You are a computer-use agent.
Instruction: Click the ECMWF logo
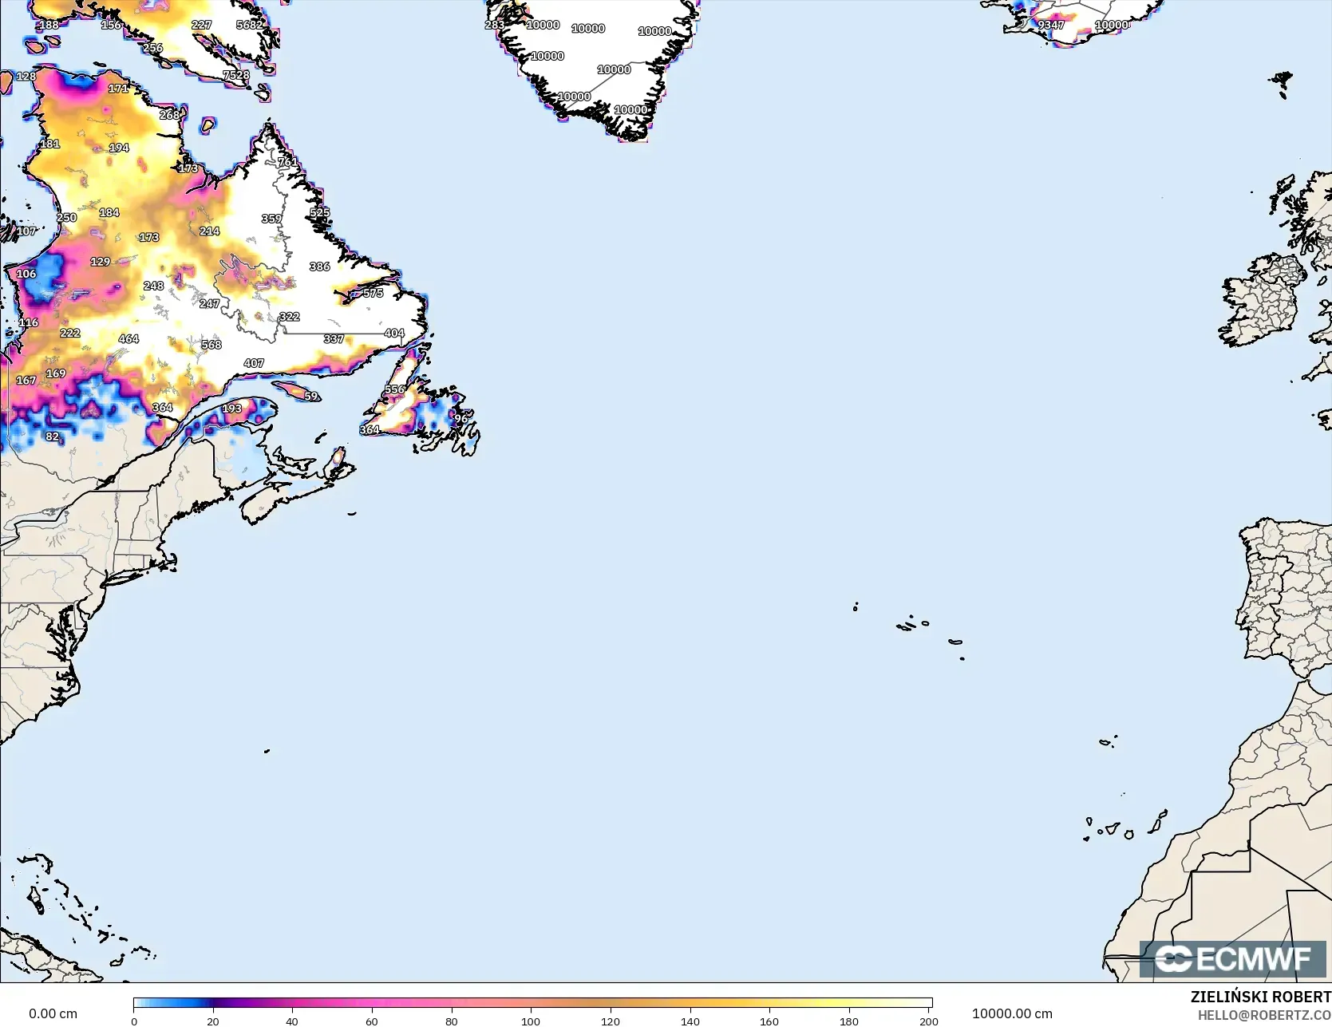1232,958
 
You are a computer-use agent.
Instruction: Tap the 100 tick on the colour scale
531,1021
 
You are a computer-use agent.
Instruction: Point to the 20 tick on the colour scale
213,1021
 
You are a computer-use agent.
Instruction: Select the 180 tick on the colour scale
849,1021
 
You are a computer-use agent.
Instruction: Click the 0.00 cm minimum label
53,1013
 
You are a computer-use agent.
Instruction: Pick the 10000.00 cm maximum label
1011,1013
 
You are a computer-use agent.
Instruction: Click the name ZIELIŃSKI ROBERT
1260,997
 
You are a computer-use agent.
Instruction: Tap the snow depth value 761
287,162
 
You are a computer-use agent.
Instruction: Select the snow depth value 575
373,293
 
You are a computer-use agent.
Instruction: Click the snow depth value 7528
236,75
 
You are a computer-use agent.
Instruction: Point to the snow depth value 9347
1050,25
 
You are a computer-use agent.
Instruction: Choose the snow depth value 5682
249,25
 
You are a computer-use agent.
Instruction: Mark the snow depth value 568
211,345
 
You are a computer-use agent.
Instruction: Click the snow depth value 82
52,436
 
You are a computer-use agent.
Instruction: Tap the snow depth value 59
310,397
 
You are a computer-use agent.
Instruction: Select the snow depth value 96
460,419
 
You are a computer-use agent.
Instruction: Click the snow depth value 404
393,334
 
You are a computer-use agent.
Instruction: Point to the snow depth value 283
494,25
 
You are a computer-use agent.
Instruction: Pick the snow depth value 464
128,339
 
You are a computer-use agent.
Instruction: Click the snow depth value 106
26,274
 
